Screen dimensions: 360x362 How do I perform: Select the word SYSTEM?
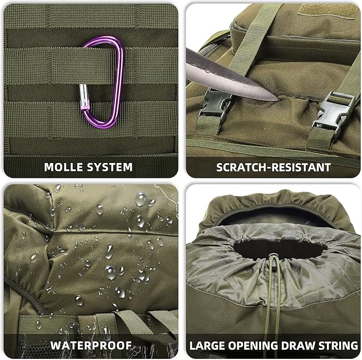pos(110,167)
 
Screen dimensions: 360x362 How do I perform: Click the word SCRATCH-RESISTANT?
pos(273,167)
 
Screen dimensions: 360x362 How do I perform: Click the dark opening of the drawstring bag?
pos(273,242)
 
